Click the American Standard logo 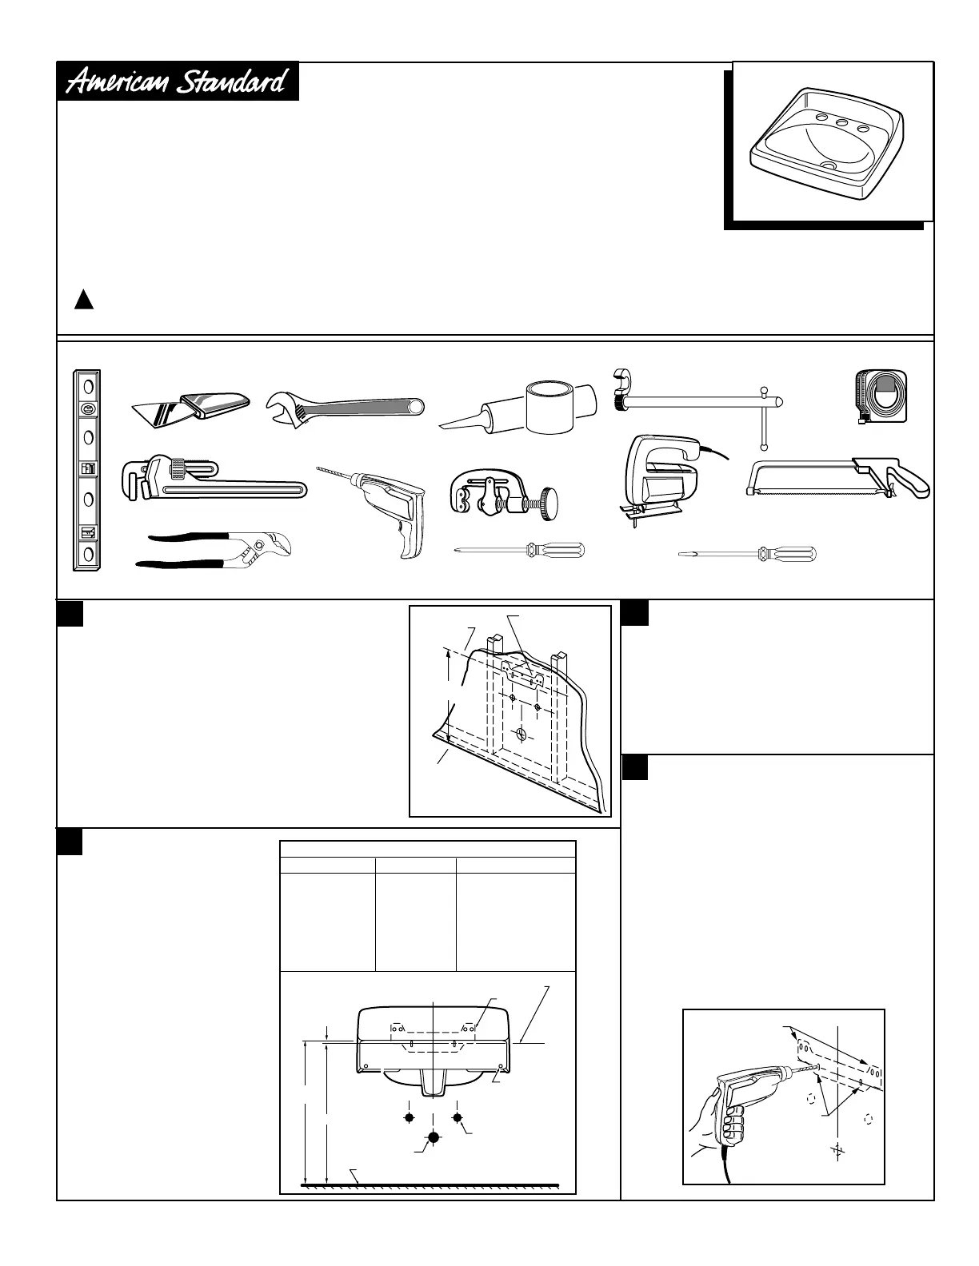(x=177, y=82)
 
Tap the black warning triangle (x=84, y=301)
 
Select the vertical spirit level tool (x=86, y=470)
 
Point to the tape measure (x=881, y=395)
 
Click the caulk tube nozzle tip (x=445, y=424)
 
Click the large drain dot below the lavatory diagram (x=434, y=1137)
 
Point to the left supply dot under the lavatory (x=409, y=1117)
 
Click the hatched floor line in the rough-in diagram (x=430, y=1183)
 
